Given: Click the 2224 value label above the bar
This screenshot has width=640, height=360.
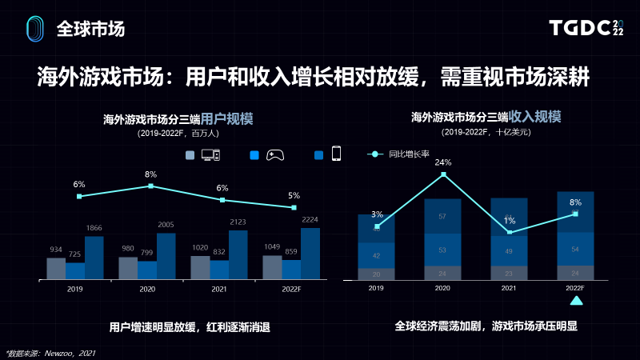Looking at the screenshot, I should pos(310,219).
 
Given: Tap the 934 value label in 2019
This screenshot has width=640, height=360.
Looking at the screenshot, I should pos(56,249).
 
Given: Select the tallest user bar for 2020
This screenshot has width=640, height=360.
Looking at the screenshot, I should pos(166,256).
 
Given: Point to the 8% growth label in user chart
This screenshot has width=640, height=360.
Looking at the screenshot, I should pos(150,174).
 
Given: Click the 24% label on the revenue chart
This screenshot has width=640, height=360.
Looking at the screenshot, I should pos(443,162).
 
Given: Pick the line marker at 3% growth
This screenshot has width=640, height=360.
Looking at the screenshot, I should pos(377,226).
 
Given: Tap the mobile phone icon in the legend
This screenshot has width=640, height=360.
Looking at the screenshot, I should pos(337,154).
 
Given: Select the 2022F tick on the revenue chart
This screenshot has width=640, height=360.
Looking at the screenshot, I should pos(574,288).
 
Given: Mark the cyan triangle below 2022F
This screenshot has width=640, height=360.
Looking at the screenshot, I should pos(575,301).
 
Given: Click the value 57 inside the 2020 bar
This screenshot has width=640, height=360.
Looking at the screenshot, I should pos(443,216).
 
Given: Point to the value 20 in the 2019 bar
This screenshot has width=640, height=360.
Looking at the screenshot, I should pos(377,274).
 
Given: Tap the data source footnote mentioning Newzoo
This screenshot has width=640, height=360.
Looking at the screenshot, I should pos(50,352).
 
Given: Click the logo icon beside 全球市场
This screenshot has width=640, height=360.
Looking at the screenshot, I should pos(34,29).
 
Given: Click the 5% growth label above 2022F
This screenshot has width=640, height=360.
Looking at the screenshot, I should pos(294,195).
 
